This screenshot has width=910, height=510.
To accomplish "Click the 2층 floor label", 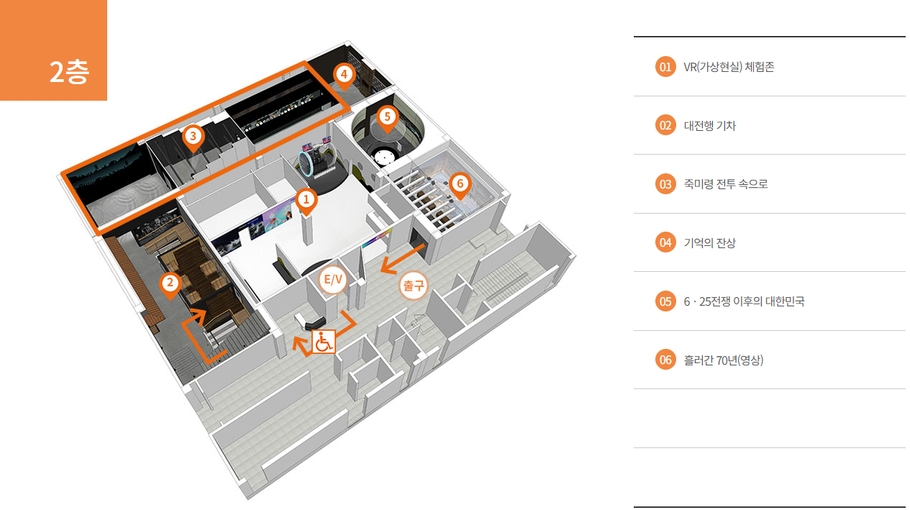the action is pos(69,73).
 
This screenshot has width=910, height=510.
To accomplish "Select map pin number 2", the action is pos(170,283).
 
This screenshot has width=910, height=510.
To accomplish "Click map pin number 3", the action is pos(192,135).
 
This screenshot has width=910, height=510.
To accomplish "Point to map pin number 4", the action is pos(344,74).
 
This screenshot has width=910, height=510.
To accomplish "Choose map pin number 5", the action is pos(387,117).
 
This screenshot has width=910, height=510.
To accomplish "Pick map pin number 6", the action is pos(460,184).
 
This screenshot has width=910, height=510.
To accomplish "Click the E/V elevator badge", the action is pos(333,281).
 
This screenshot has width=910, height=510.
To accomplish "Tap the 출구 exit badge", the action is pos(414,286).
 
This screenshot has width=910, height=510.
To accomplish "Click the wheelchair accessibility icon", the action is pos(324,341).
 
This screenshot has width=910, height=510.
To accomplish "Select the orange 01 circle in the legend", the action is pos(665,67).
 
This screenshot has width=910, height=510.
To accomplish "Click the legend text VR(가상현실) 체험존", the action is pos(729,67).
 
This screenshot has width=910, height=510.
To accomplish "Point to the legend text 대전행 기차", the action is pos(709,126).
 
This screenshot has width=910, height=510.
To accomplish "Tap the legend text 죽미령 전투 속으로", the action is pos(726,184).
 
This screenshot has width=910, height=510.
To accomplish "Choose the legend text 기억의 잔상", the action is pos(709,243).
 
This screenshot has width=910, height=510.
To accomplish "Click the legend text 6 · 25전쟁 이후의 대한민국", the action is pos(744,301).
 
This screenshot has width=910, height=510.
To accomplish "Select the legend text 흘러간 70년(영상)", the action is pos(723,360).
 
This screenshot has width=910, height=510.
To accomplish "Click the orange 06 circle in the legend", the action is pos(665,360).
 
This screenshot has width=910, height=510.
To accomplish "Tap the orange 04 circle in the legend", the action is pos(665,243).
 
